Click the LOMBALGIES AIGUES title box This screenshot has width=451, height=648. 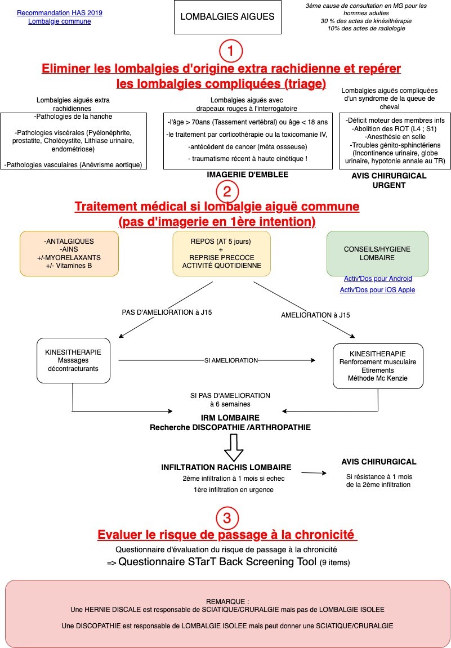[x=227, y=17]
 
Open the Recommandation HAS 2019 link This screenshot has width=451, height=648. [x=60, y=13]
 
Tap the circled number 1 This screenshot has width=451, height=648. [x=230, y=51]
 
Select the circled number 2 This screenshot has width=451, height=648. [x=227, y=191]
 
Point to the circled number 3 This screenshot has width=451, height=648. [x=227, y=518]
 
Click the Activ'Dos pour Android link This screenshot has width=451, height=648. [x=377, y=279]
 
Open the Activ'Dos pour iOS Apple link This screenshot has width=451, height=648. [x=377, y=290]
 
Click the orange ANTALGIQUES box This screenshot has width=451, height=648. [x=69, y=253]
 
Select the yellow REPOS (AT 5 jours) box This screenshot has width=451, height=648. [x=222, y=253]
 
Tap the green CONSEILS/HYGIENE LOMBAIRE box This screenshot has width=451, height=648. [x=377, y=253]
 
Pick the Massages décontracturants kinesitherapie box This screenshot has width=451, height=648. [x=73, y=360]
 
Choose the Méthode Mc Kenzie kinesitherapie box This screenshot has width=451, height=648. [x=378, y=366]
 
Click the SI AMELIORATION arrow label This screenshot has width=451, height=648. [x=231, y=360]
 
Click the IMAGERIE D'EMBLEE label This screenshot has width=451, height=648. [x=248, y=175]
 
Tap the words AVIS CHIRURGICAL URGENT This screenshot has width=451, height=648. [x=389, y=181]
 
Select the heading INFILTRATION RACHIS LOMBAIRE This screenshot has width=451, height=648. [x=226, y=467]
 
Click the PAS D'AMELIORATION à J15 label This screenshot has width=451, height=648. [x=167, y=312]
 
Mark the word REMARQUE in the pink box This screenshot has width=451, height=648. [x=227, y=602]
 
